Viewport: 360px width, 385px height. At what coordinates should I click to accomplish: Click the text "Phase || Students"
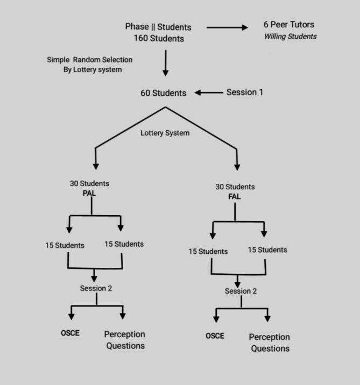coord(158,27)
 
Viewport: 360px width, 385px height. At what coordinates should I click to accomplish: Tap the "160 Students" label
coord(159,38)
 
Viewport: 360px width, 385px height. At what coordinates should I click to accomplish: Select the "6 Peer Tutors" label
coord(289,25)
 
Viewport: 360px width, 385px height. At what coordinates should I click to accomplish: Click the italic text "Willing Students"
coord(290,37)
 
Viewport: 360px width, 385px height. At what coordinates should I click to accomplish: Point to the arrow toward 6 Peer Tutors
coord(226,27)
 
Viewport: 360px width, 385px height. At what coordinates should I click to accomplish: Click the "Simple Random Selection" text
coord(89,59)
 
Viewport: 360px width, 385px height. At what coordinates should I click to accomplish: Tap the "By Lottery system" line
coord(93,69)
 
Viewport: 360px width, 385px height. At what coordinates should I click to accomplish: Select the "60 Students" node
coord(164,93)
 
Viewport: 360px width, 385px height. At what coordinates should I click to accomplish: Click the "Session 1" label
coord(245,92)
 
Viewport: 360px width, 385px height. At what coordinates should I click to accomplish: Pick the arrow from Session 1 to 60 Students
coord(209,92)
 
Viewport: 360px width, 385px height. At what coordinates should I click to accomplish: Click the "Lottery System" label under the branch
coord(165,133)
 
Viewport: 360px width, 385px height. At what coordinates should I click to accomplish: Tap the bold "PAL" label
coord(89,192)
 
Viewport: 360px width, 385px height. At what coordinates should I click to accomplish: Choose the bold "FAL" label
coord(235,196)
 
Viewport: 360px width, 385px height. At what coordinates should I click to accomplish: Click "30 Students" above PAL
coord(89,183)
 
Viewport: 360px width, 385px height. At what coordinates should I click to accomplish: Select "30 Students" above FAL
coord(235,187)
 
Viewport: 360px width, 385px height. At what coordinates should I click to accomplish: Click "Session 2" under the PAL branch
coord(96,288)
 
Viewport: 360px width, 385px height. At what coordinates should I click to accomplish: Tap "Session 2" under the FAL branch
coord(241,291)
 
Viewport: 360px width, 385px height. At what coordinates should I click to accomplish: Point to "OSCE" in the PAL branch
coord(70,333)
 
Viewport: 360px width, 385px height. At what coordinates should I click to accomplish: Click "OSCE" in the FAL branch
coord(215,336)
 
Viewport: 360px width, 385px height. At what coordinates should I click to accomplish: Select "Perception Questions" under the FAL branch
coord(269,343)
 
